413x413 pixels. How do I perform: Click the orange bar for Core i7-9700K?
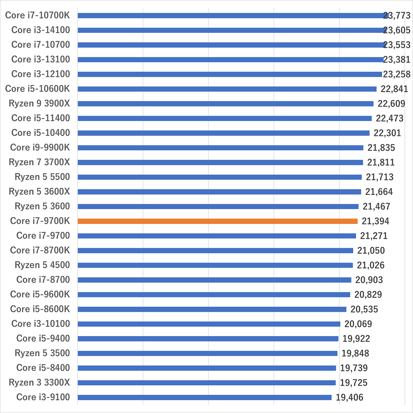coord(217,221)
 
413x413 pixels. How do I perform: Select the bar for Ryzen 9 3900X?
coord(225,104)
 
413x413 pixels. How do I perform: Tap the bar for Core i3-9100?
coord(204,397)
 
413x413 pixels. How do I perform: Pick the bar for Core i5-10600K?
coord(227,89)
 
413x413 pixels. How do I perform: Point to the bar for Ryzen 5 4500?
coord(215,265)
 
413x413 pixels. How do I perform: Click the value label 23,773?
coord(396,16)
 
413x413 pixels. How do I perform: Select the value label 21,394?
coord(375,221)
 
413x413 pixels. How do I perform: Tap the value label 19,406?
coord(350,398)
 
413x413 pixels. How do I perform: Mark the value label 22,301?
coord(387,133)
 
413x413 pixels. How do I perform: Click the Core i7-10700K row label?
coord(38,15)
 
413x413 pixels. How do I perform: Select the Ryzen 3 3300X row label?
coord(39,383)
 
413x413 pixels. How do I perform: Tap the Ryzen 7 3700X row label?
coord(39,162)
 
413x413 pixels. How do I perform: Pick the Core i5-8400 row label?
coord(43,368)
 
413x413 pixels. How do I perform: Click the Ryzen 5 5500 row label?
coord(42,177)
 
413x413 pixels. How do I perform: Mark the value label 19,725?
coord(354,383)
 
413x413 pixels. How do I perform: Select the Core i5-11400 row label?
coord(40,118)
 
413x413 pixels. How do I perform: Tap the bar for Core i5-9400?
coord(208,339)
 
